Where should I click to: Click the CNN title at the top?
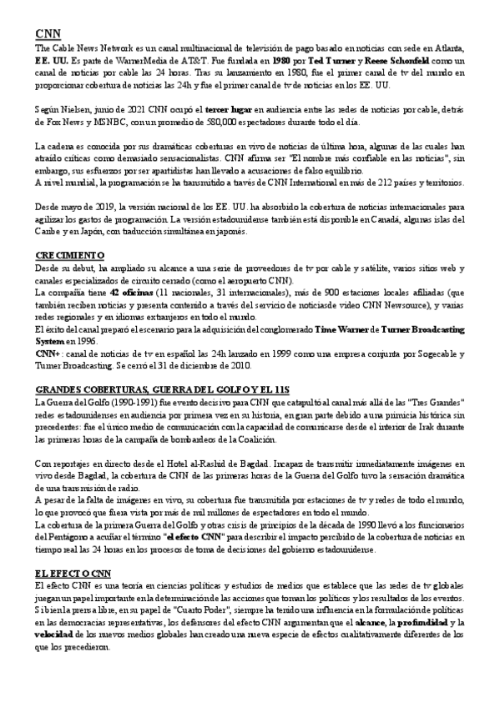coord(48,33)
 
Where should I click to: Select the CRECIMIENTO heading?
coord(70,254)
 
